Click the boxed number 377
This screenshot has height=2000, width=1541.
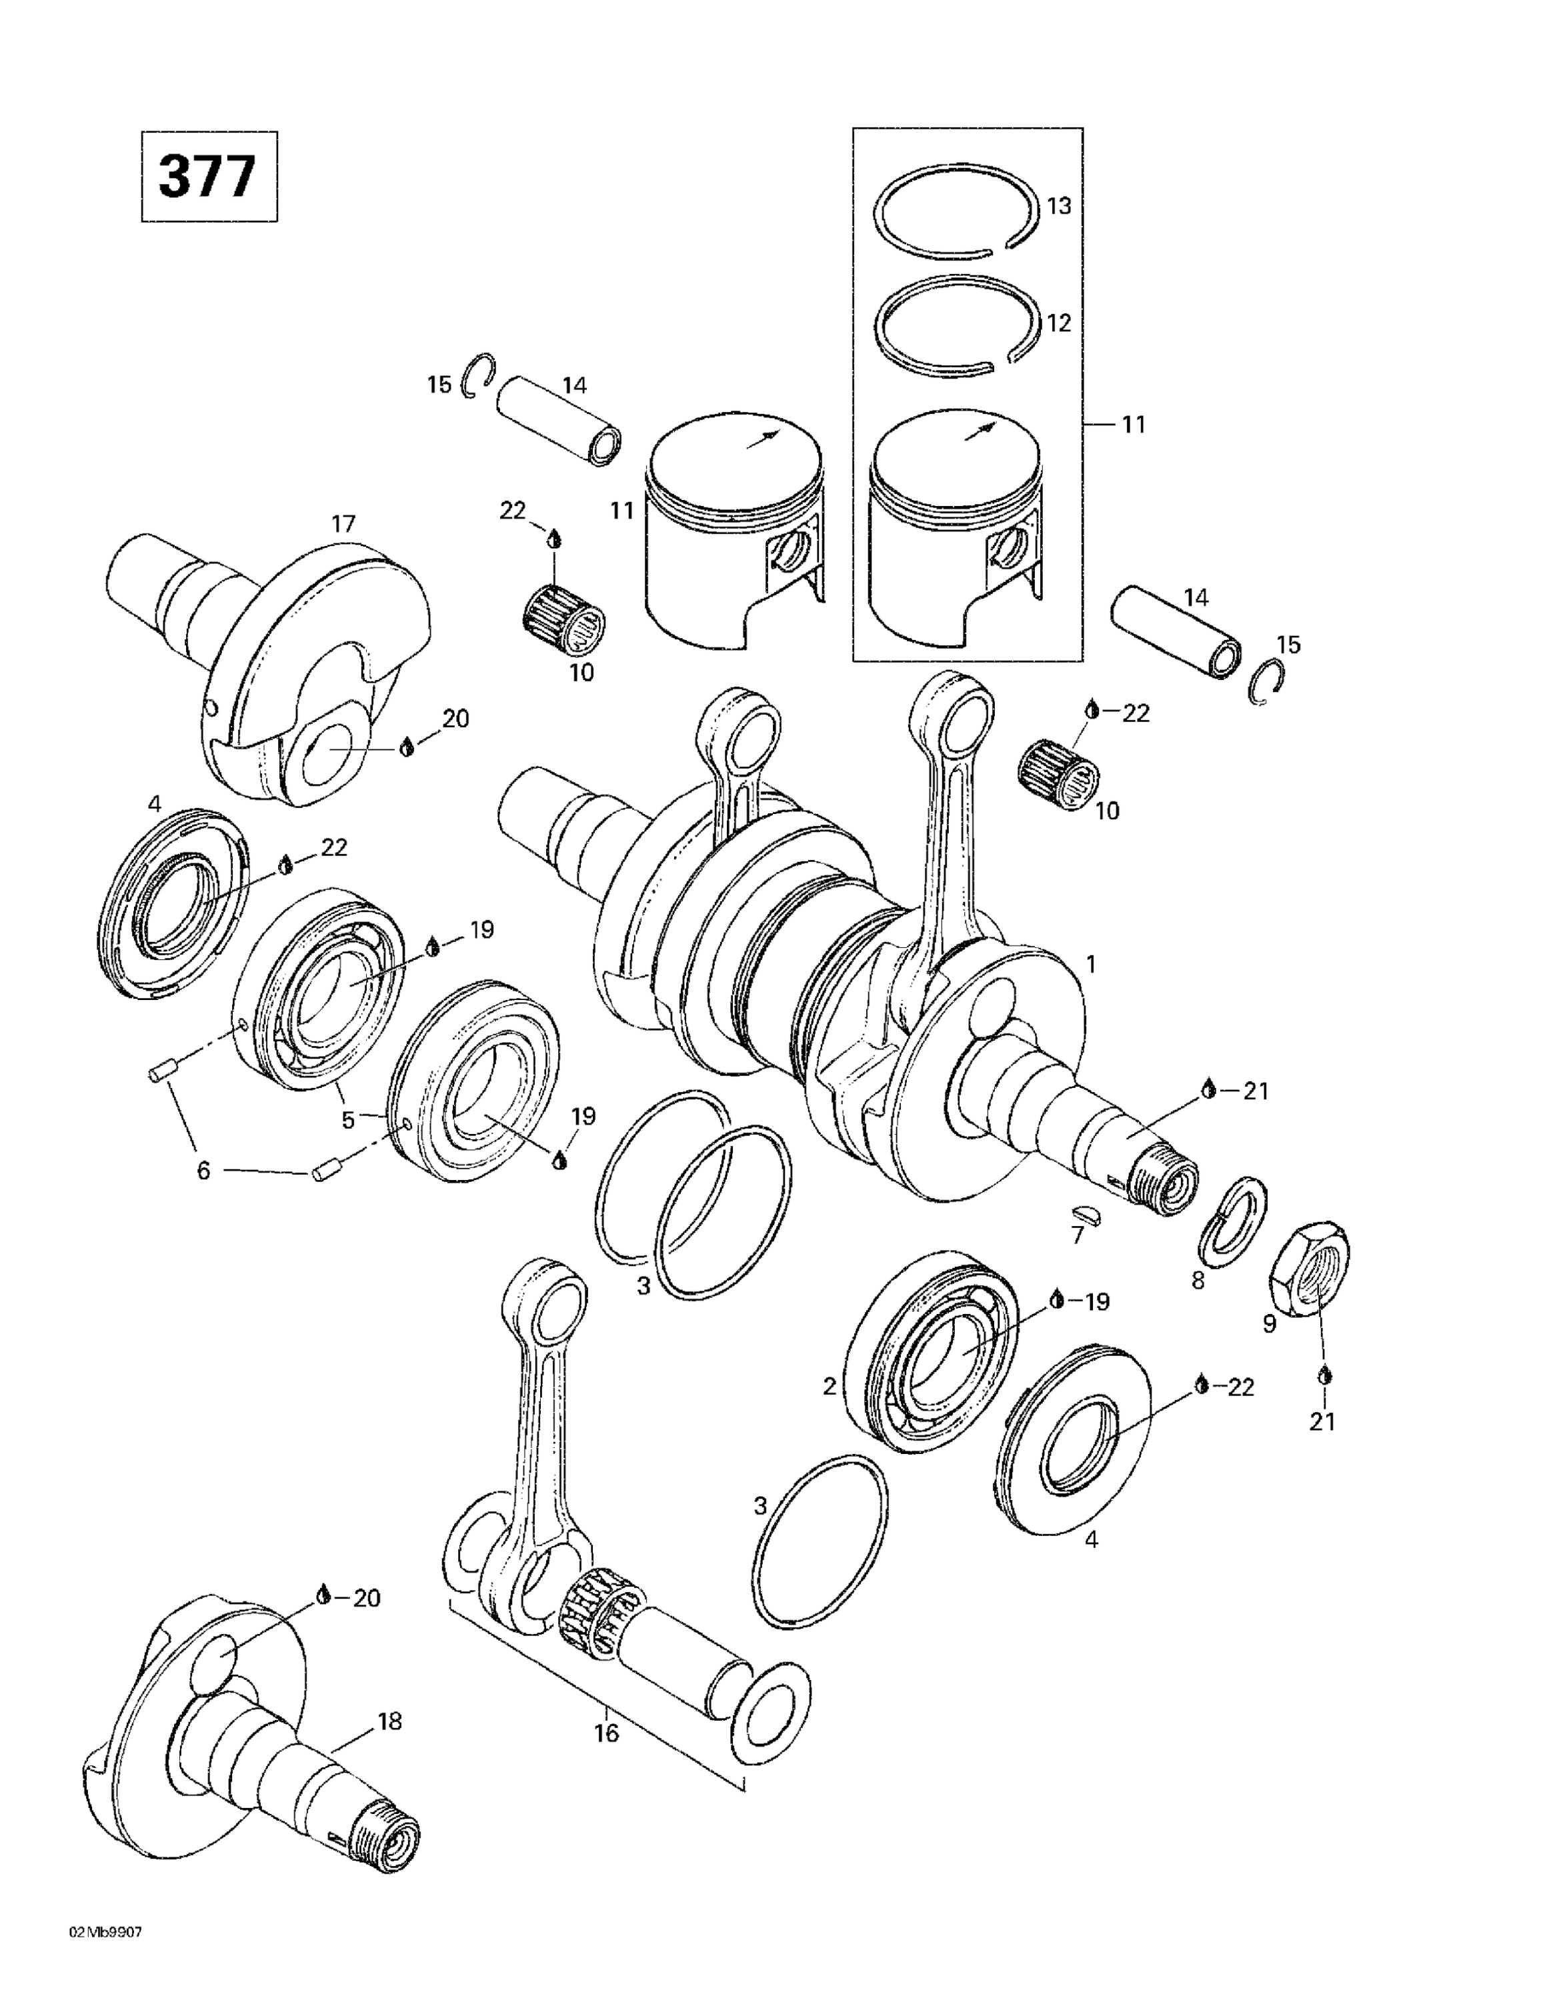click(208, 177)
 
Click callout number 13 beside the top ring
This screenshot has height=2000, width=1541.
click(1058, 206)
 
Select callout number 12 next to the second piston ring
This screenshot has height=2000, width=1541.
click(1058, 323)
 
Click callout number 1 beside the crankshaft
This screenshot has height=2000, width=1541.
click(1090, 963)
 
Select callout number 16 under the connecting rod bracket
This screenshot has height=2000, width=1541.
click(607, 1733)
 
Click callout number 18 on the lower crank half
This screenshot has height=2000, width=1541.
click(389, 1721)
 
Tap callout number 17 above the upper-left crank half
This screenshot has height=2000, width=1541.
click(343, 524)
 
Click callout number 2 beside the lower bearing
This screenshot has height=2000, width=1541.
click(829, 1387)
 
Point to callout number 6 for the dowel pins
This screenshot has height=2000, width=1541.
click(203, 1169)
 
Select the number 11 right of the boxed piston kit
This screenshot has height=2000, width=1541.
click(1134, 424)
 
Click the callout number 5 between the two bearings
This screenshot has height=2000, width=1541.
click(348, 1120)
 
